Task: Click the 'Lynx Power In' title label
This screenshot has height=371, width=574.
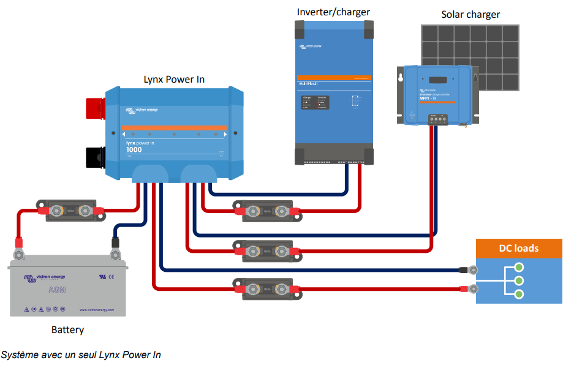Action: (x=174, y=80)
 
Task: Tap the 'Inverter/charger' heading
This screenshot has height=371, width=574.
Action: (x=333, y=12)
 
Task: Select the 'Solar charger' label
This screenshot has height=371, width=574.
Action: (x=470, y=15)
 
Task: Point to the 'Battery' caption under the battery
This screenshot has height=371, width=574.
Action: (x=67, y=330)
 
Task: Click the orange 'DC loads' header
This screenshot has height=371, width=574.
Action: (x=519, y=248)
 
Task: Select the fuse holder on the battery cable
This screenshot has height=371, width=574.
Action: (x=66, y=210)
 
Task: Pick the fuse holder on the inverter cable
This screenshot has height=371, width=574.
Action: (x=263, y=211)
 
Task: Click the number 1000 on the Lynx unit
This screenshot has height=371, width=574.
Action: (x=134, y=150)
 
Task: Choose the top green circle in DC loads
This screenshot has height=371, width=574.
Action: (x=519, y=267)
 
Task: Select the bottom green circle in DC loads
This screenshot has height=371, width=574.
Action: (x=519, y=294)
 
